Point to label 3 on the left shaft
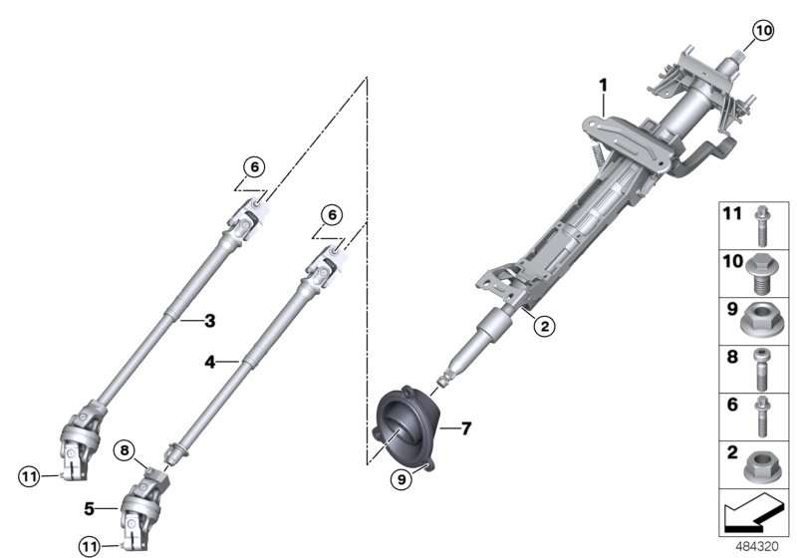click(x=209, y=320)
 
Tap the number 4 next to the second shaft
click(x=209, y=364)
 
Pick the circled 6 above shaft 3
click(x=253, y=167)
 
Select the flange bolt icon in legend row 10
click(x=762, y=270)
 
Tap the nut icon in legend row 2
click(x=762, y=463)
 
